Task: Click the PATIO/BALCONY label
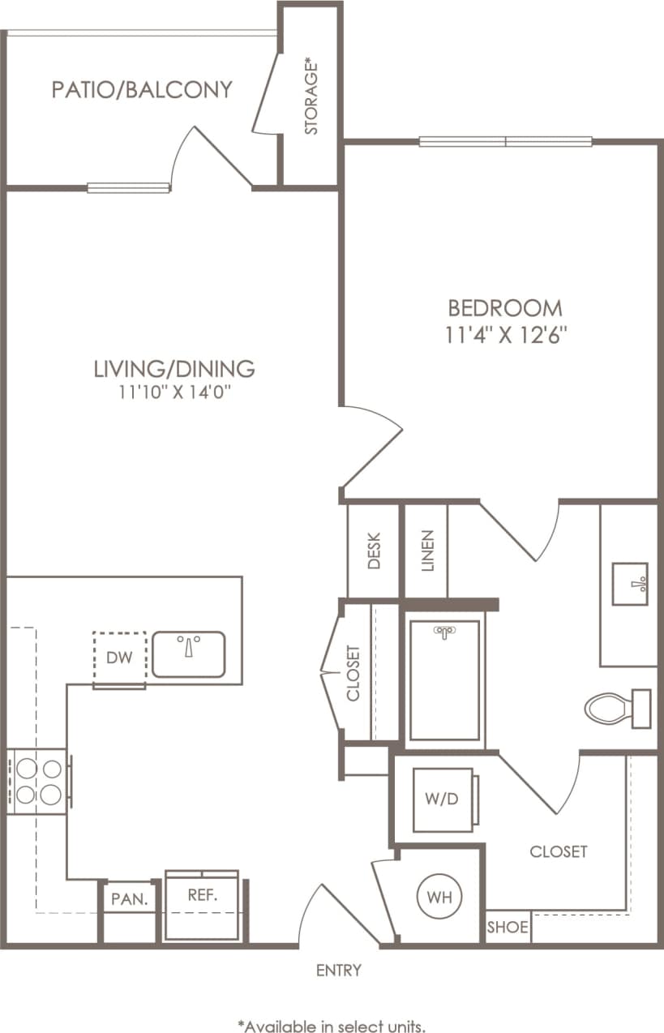[142, 89]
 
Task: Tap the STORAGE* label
[311, 96]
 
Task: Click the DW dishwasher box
[119, 658]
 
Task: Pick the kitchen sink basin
[188, 654]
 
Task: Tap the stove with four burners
[37, 781]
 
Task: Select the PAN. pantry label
[129, 898]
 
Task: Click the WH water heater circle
[440, 898]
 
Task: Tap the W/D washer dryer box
[442, 799]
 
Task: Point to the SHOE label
[508, 927]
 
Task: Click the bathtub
[444, 681]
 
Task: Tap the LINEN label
[427, 551]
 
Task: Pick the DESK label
[374, 551]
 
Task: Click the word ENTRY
[339, 970]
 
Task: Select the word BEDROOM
[505, 308]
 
